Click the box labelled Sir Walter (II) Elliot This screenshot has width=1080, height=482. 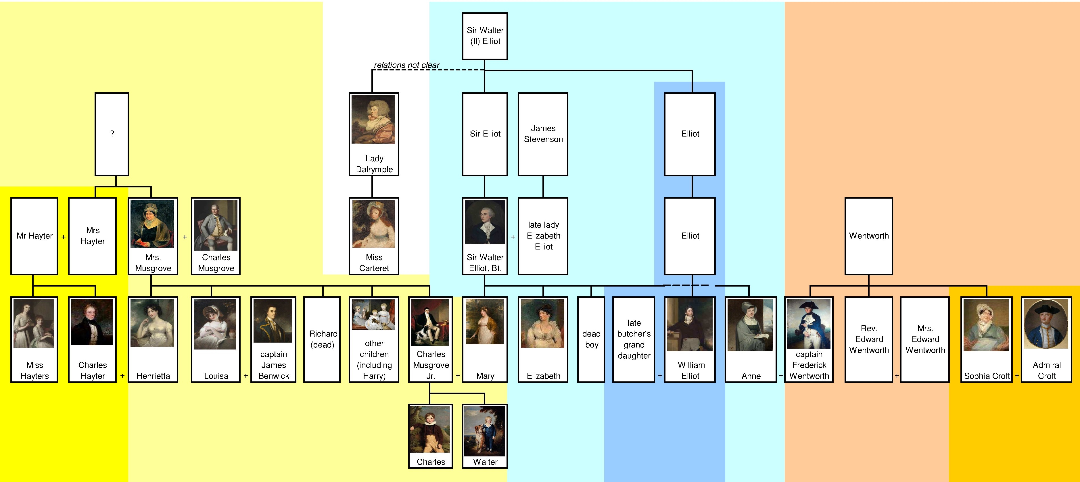coord(485,36)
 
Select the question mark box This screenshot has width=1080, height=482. coord(112,134)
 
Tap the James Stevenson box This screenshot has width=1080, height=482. coord(543,134)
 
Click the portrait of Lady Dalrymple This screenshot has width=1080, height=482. coord(373,119)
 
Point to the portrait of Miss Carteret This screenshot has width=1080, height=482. coord(373,224)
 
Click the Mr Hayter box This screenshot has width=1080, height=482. coord(34,236)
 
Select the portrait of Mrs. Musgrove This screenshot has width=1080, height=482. coord(152,224)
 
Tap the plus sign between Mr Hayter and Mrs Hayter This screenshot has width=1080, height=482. coord(63,237)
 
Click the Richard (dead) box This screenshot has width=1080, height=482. coord(322,339)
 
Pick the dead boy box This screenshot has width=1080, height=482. coord(591,339)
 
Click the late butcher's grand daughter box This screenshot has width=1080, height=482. coord(634,339)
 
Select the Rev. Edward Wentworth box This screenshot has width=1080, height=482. coord(869,339)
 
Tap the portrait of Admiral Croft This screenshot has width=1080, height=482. coord(1046,324)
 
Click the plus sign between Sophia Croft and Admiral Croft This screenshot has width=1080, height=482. coord(1017,376)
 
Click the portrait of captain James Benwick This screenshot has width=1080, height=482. coord(273,321)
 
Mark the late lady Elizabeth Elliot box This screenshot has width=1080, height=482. coord(543,236)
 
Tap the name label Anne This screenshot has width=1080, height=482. coord(751,376)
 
